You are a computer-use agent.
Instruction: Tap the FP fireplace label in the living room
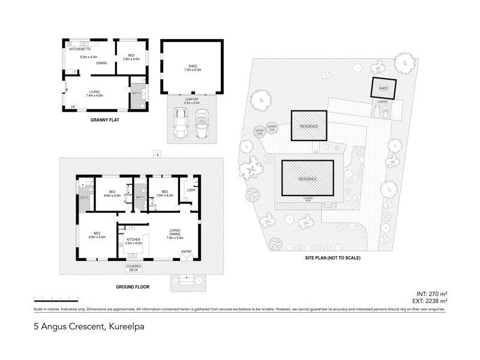73,107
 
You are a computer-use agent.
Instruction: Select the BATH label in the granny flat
136,93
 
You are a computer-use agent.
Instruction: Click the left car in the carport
179,121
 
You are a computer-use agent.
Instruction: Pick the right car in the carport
203,121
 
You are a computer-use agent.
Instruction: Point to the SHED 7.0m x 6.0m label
192,68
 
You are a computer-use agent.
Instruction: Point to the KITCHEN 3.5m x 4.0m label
134,241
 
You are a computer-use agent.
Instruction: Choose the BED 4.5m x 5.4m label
97,235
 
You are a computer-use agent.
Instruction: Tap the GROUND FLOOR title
133,287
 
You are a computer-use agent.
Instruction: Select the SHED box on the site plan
383,89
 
